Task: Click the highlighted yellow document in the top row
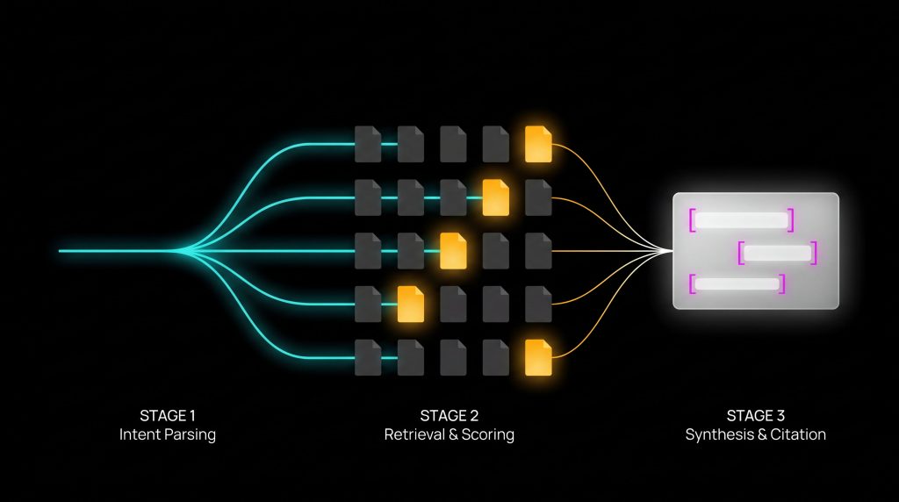click(538, 144)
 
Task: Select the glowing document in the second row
click(496, 197)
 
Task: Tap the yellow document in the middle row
click(453, 251)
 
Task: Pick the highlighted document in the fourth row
click(411, 304)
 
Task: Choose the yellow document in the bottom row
click(538, 357)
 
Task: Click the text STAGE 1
click(167, 416)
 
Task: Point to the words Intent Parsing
click(167, 434)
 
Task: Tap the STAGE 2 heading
click(449, 416)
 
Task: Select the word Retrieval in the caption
click(412, 434)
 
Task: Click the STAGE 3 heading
click(756, 416)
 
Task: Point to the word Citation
click(798, 434)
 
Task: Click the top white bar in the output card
click(741, 220)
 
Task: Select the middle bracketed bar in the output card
click(778, 253)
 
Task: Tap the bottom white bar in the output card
click(737, 283)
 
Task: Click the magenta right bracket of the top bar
click(791, 220)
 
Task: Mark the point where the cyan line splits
click(176, 251)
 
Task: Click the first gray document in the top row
click(368, 144)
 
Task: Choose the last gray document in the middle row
click(538, 251)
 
